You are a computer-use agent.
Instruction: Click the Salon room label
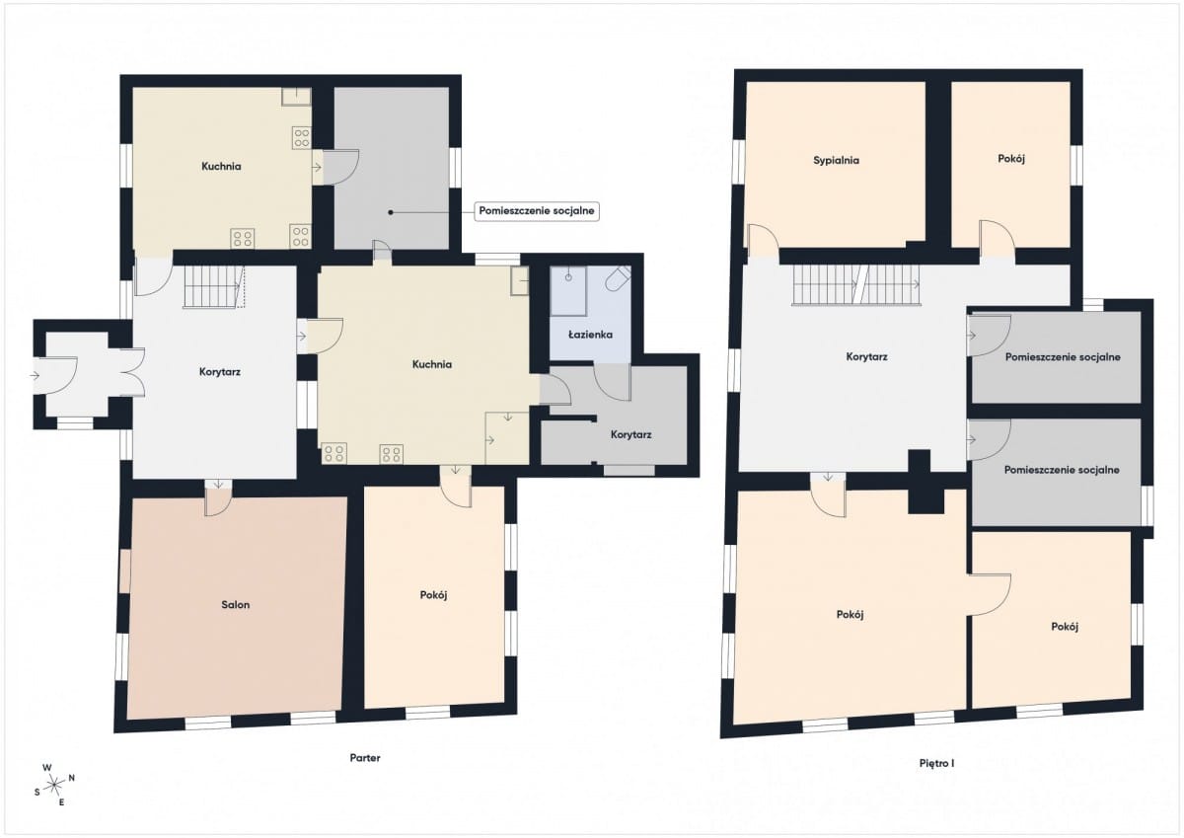click(x=235, y=604)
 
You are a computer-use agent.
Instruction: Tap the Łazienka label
click(x=590, y=335)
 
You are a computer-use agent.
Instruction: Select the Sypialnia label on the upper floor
click(x=837, y=161)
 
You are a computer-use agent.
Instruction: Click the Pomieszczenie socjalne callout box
click(x=537, y=211)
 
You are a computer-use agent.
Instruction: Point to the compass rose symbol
click(x=54, y=785)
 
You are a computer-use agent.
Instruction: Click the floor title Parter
click(x=365, y=758)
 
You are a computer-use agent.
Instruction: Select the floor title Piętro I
click(x=936, y=763)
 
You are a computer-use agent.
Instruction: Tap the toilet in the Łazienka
click(x=618, y=278)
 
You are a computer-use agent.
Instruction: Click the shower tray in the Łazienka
click(x=568, y=291)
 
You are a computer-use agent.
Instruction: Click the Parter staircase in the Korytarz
click(x=213, y=286)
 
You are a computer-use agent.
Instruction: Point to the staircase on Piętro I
click(x=855, y=284)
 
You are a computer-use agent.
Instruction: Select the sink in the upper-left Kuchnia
click(x=296, y=96)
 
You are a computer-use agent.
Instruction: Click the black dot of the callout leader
click(x=391, y=212)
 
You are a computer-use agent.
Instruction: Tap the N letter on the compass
click(x=72, y=778)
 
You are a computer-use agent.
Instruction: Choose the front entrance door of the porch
click(x=55, y=375)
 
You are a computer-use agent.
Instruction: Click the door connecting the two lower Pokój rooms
click(x=990, y=594)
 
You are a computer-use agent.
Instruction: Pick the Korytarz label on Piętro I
click(x=866, y=357)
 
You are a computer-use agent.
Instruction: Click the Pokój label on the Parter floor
click(x=433, y=595)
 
